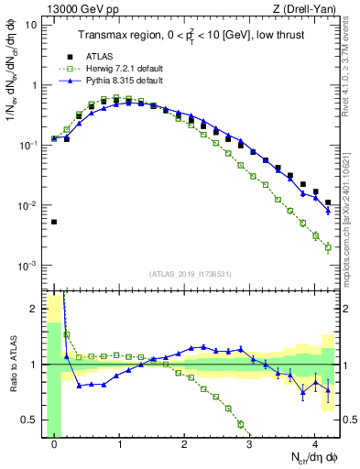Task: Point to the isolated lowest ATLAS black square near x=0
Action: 54,222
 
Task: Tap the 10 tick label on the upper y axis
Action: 32,25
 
